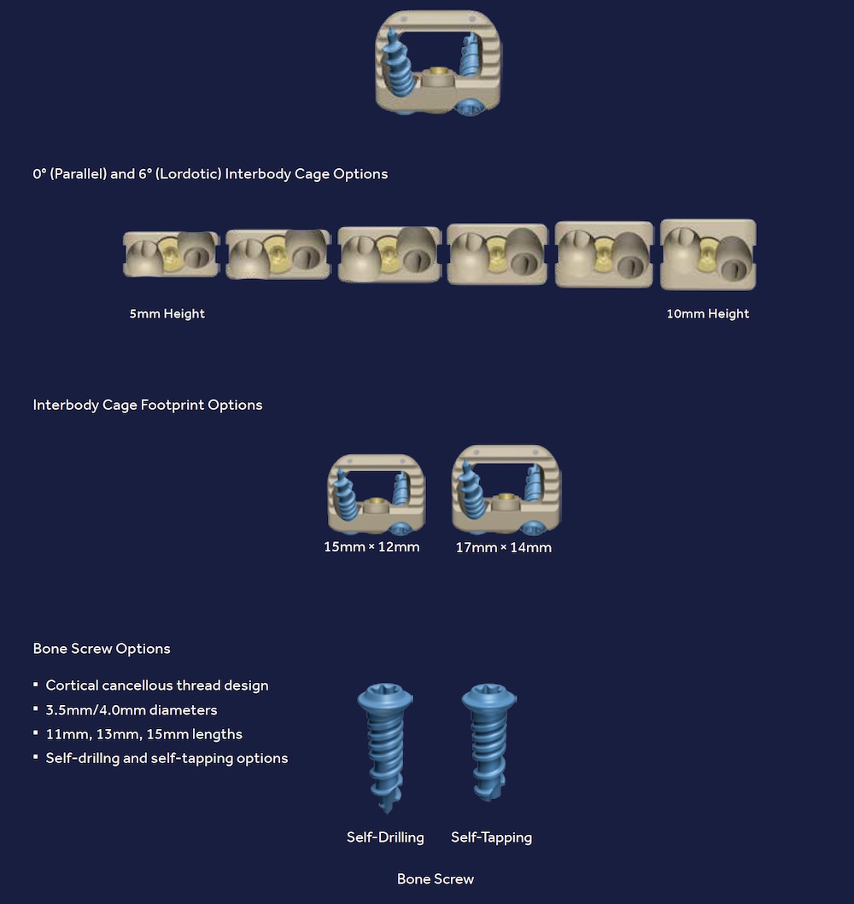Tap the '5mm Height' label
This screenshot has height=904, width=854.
click(x=167, y=313)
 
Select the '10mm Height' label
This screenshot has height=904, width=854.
click(x=707, y=313)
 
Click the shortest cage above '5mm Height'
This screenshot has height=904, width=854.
click(x=171, y=254)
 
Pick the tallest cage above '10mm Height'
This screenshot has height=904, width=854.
click(x=708, y=254)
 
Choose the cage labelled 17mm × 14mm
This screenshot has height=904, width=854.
click(x=506, y=490)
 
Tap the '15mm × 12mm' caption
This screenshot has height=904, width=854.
click(x=371, y=546)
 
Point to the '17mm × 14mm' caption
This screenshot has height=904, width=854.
click(x=503, y=547)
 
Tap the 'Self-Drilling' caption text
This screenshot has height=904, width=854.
click(x=385, y=837)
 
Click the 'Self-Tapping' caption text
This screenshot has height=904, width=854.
click(x=491, y=837)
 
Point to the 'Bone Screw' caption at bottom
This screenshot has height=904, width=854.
click(x=436, y=878)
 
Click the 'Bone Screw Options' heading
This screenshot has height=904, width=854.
click(x=102, y=648)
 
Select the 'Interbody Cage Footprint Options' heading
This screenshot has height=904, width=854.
click(x=148, y=405)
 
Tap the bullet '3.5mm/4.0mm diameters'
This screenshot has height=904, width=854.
click(x=132, y=709)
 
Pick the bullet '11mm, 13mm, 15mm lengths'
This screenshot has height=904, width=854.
click(x=143, y=733)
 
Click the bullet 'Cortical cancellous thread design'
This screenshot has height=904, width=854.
click(x=157, y=685)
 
